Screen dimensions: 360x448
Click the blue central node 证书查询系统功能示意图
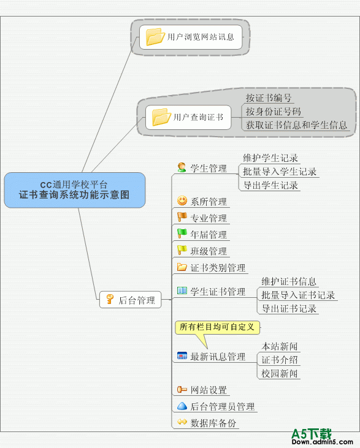tap(75, 190)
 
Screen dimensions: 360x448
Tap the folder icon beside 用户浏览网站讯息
tap(155, 37)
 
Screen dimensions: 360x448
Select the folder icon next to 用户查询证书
tap(161, 117)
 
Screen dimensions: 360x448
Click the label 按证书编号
tap(269, 98)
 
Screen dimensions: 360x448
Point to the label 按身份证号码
tap(274, 112)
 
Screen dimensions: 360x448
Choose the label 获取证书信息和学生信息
tap(296, 125)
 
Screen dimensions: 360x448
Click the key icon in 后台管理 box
tap(110, 299)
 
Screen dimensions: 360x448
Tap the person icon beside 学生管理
tap(182, 167)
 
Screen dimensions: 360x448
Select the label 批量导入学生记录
tap(280, 172)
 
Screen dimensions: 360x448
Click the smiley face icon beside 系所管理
tap(182, 200)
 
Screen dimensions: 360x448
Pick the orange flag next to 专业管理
tap(182, 217)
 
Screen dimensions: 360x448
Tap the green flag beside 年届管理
tap(182, 233)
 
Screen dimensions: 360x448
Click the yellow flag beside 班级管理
tap(182, 249)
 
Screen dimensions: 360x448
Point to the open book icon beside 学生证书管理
tap(182, 290)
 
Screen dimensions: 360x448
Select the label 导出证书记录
tap(289, 308)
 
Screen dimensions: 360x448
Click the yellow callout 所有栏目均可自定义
tap(217, 327)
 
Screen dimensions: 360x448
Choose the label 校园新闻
tap(280, 373)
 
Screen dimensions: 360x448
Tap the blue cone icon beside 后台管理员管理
tap(182, 406)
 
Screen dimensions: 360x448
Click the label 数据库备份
tap(213, 423)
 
